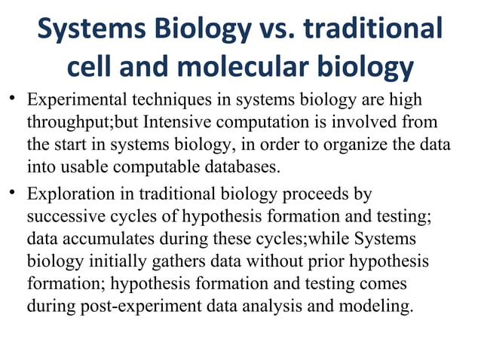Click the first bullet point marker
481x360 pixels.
14,100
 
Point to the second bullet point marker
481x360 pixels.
14,194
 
